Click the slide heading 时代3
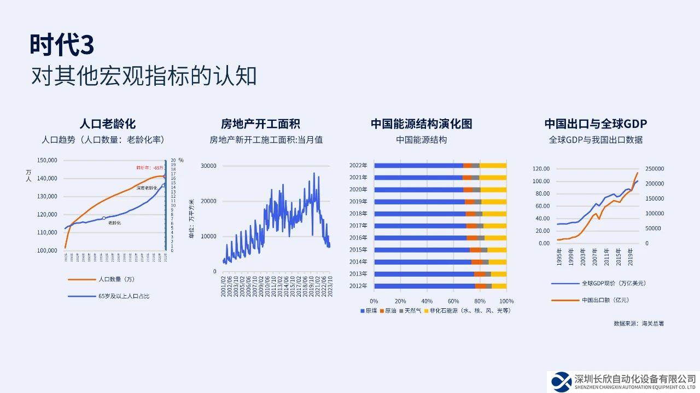coord(62,45)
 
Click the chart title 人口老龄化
coord(108,124)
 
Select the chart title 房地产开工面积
coord(260,124)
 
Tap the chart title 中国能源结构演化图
coord(421,124)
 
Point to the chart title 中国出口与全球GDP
coord(596,124)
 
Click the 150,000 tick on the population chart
coord(47,160)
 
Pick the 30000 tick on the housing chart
coord(209,166)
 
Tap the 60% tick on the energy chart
coord(453,301)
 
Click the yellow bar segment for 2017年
coord(495,225)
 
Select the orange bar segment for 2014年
coord(477,262)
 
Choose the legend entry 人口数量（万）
coord(116,280)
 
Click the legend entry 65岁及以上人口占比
coord(124,296)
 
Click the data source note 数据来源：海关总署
coord(639,324)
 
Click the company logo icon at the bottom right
coord(561,380)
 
